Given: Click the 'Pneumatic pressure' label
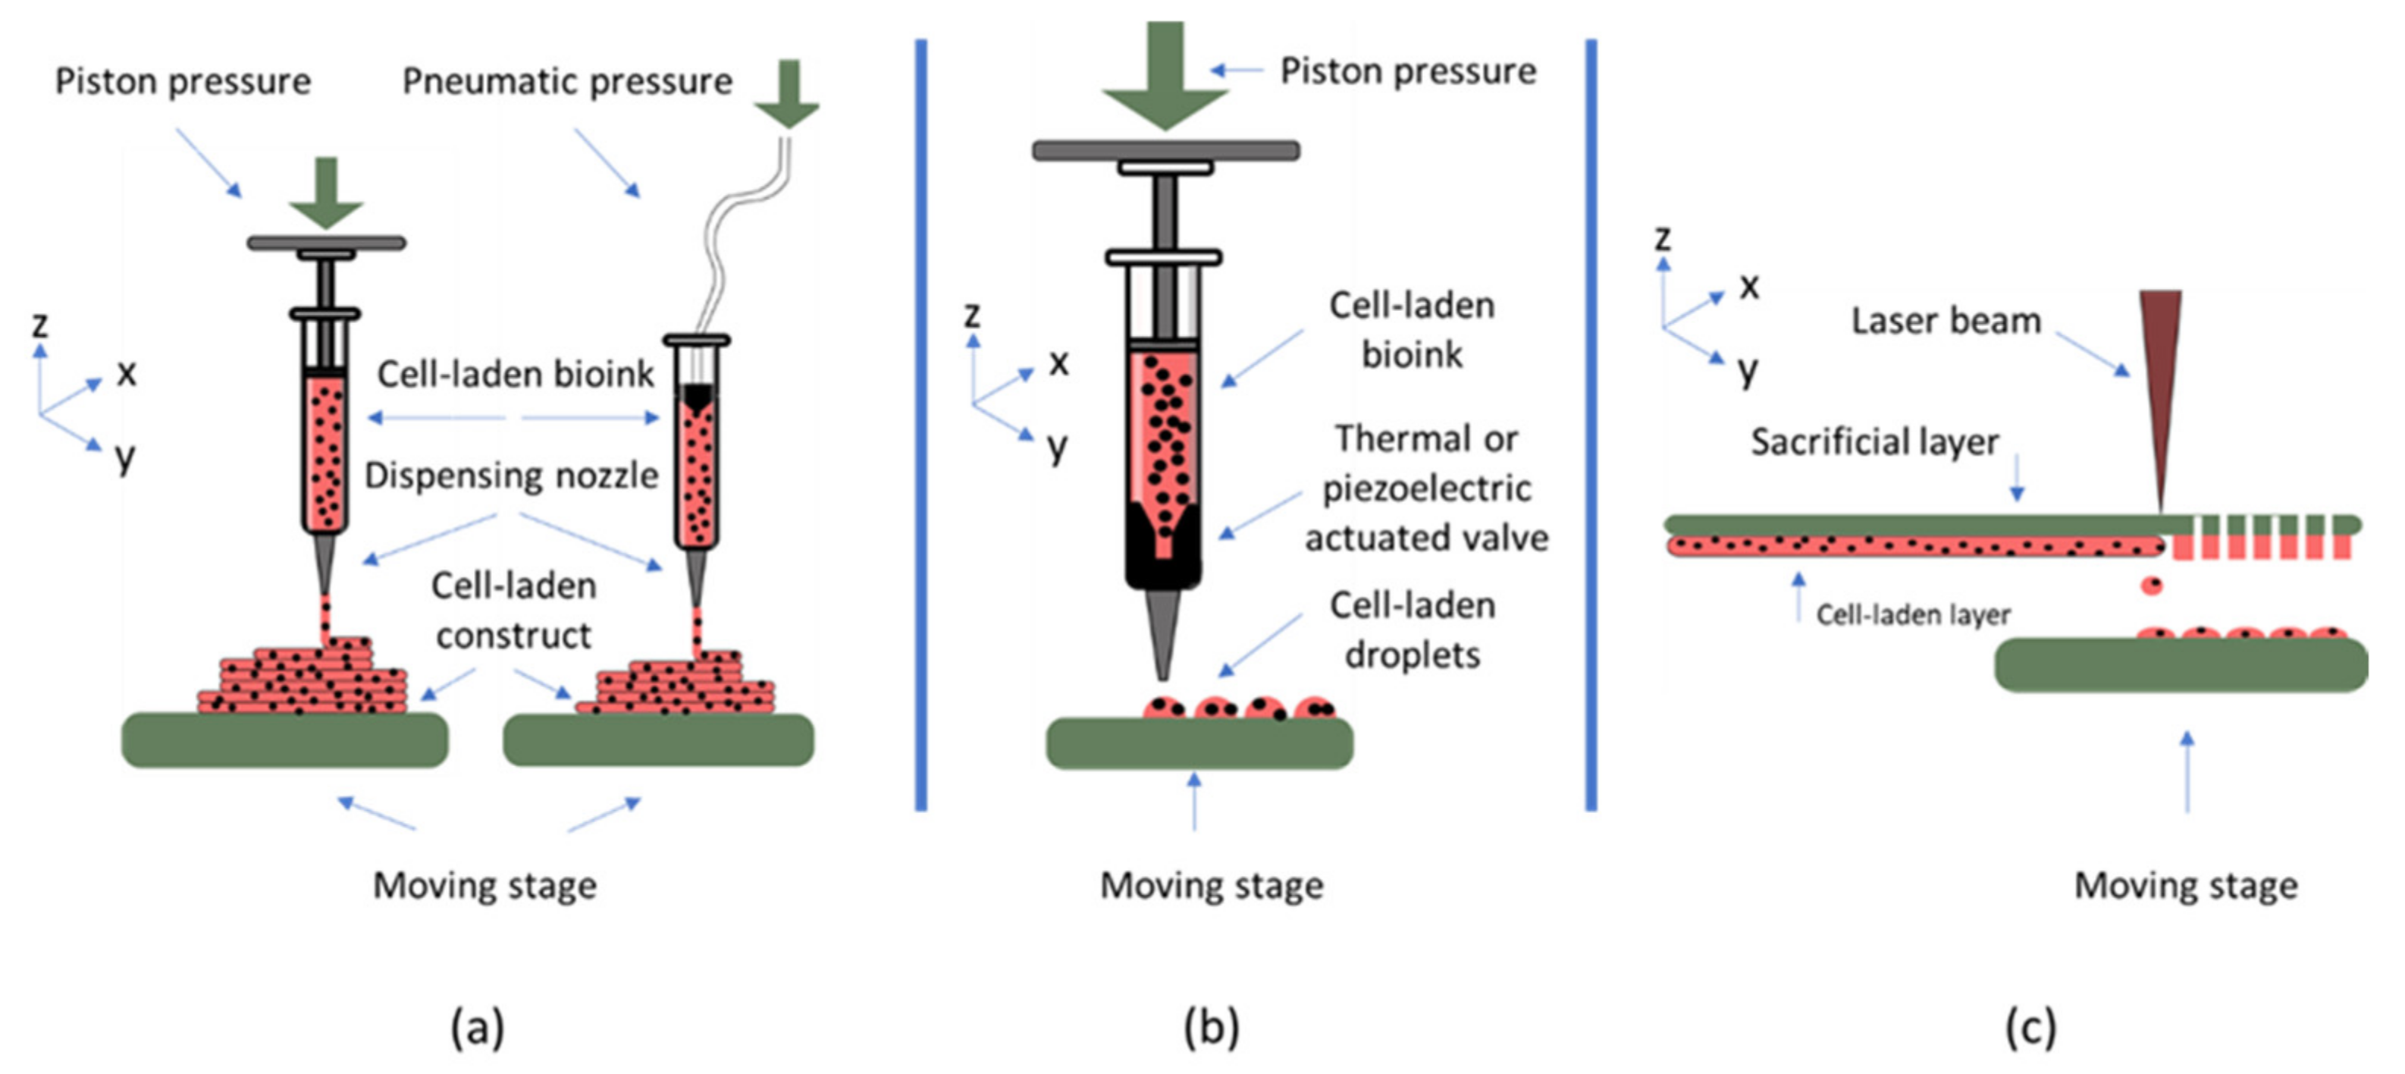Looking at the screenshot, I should [x=566, y=81].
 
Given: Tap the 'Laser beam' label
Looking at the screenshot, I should [x=1946, y=320].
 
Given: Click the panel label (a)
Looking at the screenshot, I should [x=477, y=1028].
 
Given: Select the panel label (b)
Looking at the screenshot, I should [x=1211, y=1028].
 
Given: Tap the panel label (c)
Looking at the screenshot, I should [x=2030, y=1028].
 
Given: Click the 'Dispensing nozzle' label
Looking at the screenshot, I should [x=511, y=476].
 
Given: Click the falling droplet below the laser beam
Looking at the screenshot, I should [x=2151, y=586].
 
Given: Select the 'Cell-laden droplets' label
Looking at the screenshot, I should [x=1412, y=630].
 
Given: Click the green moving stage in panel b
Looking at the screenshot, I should [x=1199, y=744].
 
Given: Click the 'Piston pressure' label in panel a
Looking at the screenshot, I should [x=183, y=81].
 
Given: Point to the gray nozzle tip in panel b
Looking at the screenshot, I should [x=1162, y=635].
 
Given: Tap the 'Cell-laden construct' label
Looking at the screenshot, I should [x=513, y=611].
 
